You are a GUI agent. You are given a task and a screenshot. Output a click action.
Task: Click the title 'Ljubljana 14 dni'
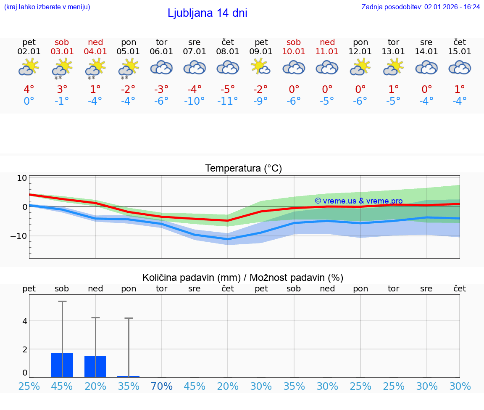click(x=207, y=13)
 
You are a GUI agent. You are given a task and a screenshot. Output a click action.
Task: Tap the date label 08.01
click(x=228, y=52)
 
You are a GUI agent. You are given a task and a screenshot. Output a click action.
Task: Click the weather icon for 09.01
click(x=261, y=67)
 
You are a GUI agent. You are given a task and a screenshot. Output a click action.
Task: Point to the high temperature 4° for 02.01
click(x=29, y=90)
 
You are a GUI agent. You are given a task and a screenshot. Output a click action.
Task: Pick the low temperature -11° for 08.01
click(x=227, y=101)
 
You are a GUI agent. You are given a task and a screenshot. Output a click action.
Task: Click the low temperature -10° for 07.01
click(x=194, y=101)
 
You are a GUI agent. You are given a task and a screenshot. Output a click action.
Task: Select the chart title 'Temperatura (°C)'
click(x=243, y=169)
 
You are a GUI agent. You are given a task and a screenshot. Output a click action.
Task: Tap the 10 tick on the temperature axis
click(x=22, y=178)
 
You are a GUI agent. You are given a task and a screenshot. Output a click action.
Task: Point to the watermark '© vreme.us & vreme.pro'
click(x=358, y=201)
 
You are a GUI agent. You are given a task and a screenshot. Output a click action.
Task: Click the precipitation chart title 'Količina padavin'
click(x=243, y=278)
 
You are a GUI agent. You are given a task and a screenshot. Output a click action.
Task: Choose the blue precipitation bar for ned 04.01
click(x=95, y=367)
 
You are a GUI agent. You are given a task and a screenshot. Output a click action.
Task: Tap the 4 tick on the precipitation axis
click(x=25, y=321)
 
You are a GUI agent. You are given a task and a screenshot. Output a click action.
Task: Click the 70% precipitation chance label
click(x=162, y=386)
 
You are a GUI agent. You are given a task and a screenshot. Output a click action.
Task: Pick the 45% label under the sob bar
click(x=62, y=386)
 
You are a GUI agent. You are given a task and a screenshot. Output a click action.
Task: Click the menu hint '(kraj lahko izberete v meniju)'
click(x=47, y=7)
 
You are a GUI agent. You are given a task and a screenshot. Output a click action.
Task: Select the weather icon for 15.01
click(x=460, y=67)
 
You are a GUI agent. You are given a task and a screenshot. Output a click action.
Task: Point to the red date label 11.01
click(x=327, y=52)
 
